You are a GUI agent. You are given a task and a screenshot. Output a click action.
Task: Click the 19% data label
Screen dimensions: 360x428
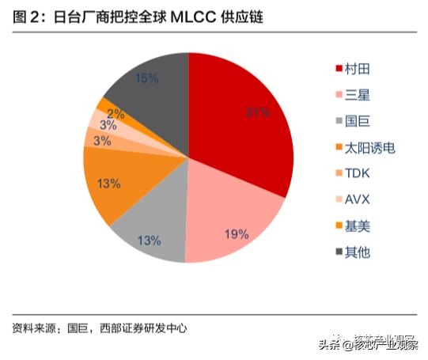237,234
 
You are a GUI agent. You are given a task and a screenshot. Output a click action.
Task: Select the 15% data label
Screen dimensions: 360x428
146,78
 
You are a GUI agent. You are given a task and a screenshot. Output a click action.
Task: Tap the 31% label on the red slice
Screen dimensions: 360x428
257,113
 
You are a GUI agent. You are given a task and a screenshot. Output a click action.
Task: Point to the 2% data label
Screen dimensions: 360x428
116,113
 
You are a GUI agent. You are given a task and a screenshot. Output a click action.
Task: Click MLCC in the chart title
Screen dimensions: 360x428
210,15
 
